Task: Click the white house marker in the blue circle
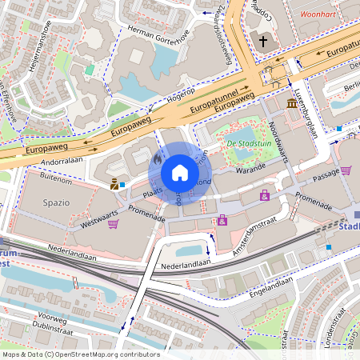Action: tap(180, 172)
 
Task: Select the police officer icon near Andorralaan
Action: tap(114, 184)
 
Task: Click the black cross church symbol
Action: tap(263, 41)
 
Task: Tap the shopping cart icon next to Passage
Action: tap(346, 170)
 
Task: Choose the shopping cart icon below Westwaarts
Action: tap(113, 224)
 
